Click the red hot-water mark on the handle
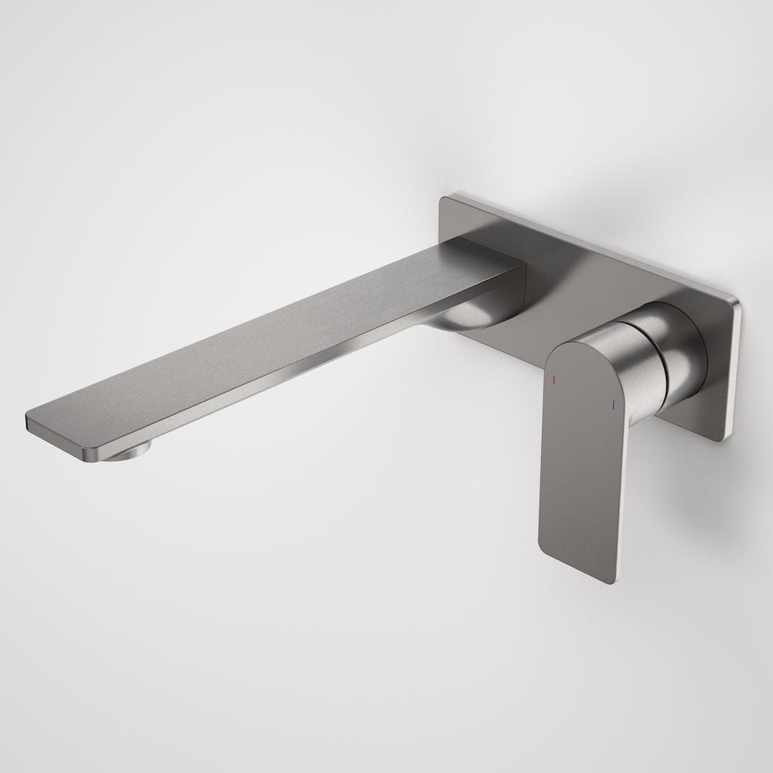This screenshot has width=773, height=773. tap(553, 380)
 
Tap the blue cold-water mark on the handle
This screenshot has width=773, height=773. tap(613, 404)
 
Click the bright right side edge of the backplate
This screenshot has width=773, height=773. tap(733, 371)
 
